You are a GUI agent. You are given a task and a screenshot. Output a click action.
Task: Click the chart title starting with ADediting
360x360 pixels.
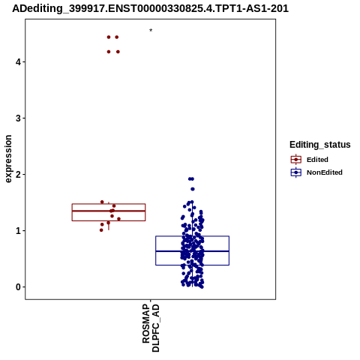coord(150,8)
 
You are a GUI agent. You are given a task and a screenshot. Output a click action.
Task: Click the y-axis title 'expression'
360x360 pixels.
coord(8,159)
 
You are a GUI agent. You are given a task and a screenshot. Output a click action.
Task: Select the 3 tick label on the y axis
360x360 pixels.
coord(18,118)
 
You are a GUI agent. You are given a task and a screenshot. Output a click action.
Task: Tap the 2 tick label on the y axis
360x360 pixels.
coord(18,175)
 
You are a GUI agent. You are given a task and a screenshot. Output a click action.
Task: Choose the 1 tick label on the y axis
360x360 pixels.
coord(18,231)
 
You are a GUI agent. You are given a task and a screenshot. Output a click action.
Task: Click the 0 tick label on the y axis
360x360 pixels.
coord(18,287)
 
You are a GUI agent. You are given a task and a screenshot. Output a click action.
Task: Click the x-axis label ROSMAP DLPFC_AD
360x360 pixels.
coord(151,328)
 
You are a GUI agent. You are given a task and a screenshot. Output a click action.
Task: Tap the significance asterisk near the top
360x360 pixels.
coord(151,31)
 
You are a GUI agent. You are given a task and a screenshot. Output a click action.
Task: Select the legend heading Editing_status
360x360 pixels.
coord(320,145)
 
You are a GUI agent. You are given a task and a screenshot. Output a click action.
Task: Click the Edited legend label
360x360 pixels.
coord(317,160)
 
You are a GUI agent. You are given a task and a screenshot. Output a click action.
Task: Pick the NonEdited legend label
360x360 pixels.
coord(325,172)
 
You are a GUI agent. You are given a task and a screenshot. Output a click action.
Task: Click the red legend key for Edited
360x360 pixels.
coord(296,160)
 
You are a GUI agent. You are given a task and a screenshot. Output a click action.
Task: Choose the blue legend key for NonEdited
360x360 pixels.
coord(296,172)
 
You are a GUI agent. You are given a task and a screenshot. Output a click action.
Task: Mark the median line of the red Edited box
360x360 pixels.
coord(109,211)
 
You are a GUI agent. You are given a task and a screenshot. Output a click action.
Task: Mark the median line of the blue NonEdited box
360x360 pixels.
coord(192,251)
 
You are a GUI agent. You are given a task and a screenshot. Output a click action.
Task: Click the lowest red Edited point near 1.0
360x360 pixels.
coord(101,230)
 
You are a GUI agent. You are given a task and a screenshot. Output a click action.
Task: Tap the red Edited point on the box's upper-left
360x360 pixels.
coord(102,202)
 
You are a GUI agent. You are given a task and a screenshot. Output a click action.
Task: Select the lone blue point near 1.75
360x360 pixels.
coord(193,189)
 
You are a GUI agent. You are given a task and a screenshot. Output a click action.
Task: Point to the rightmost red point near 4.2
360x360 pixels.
coord(118,52)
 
